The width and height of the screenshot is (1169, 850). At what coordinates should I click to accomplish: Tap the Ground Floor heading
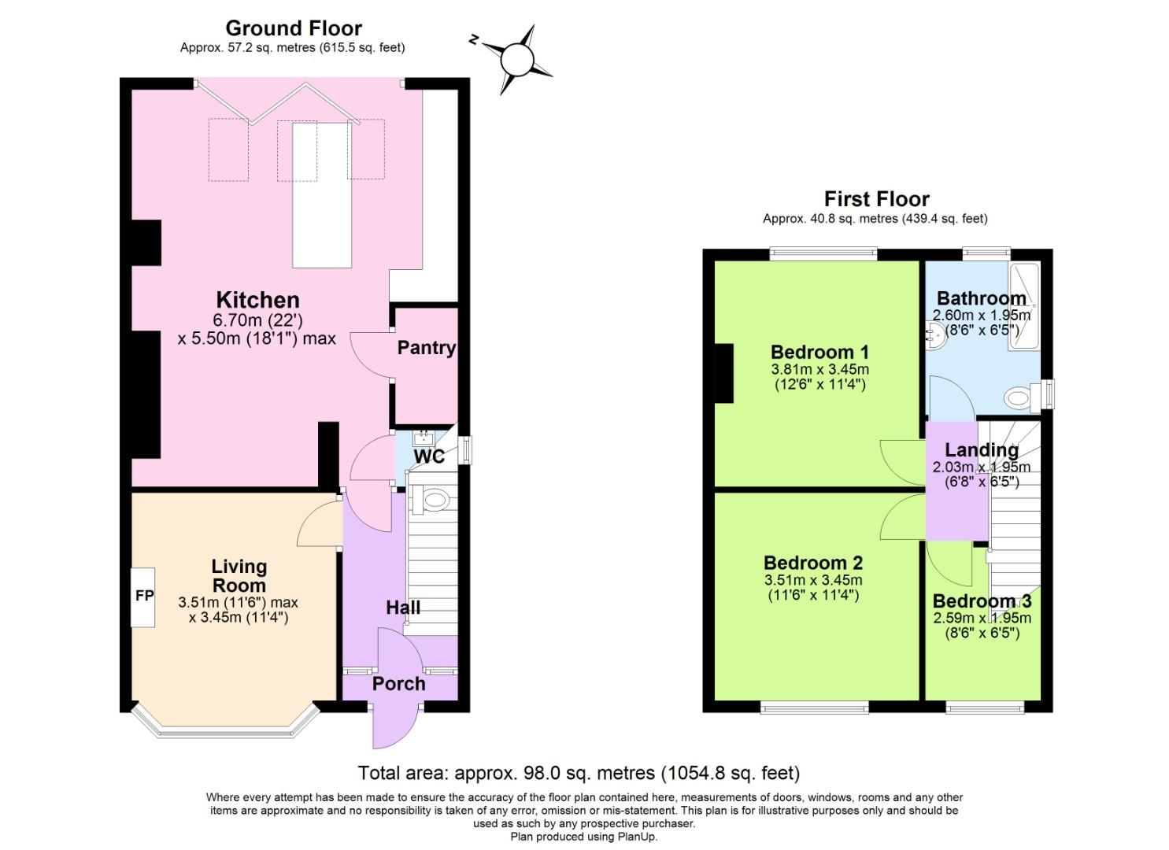[x=293, y=28]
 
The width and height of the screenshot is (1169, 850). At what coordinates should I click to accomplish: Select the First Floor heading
[x=876, y=199]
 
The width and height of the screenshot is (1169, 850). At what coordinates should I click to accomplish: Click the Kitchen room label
[x=257, y=300]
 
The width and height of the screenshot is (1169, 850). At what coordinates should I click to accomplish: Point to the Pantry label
[x=426, y=347]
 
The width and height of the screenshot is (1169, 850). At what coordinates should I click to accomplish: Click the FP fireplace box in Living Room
[x=143, y=597]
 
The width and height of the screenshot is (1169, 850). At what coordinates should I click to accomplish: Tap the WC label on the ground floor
[x=429, y=456]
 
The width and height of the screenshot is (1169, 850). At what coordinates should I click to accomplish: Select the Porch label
[x=398, y=683]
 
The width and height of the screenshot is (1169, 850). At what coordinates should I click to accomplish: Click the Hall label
[x=402, y=607]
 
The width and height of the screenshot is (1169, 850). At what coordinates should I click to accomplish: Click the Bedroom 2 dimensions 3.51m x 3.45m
[x=813, y=580]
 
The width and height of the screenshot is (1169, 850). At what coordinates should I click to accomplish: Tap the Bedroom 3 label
[x=982, y=601]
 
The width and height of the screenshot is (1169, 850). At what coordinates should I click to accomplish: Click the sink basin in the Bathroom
[x=935, y=337]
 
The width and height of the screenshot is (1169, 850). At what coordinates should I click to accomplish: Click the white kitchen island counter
[x=322, y=195]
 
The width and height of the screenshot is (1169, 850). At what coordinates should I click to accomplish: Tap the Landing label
[x=982, y=450]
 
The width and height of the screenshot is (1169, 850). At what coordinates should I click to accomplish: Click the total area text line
[x=579, y=773]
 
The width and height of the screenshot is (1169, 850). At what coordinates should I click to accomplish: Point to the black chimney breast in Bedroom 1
[x=723, y=374]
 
